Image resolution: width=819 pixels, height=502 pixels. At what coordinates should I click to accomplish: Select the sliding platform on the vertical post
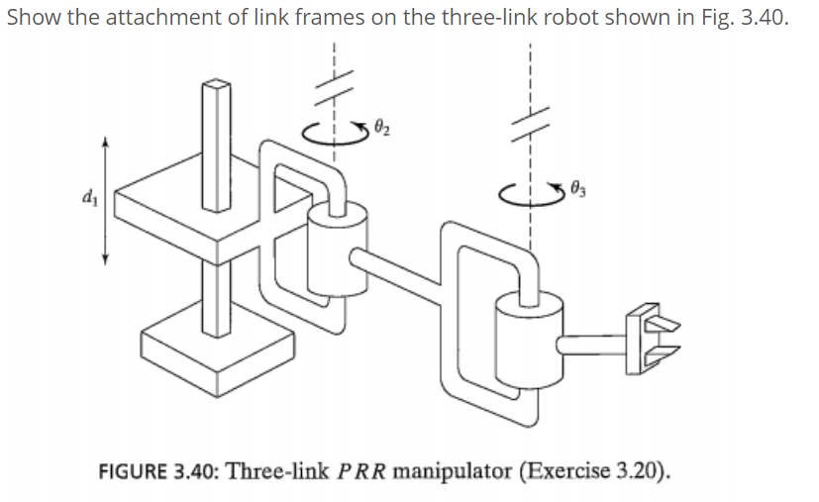pyautogui.click(x=188, y=203)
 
